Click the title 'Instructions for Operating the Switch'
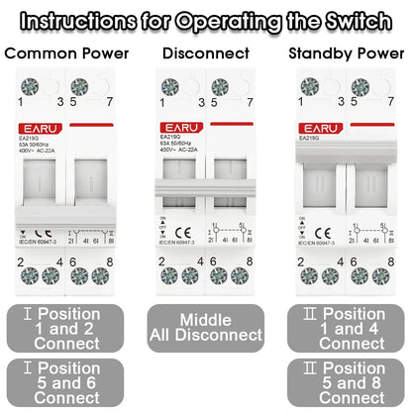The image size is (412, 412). pyautogui.click(x=206, y=19)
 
